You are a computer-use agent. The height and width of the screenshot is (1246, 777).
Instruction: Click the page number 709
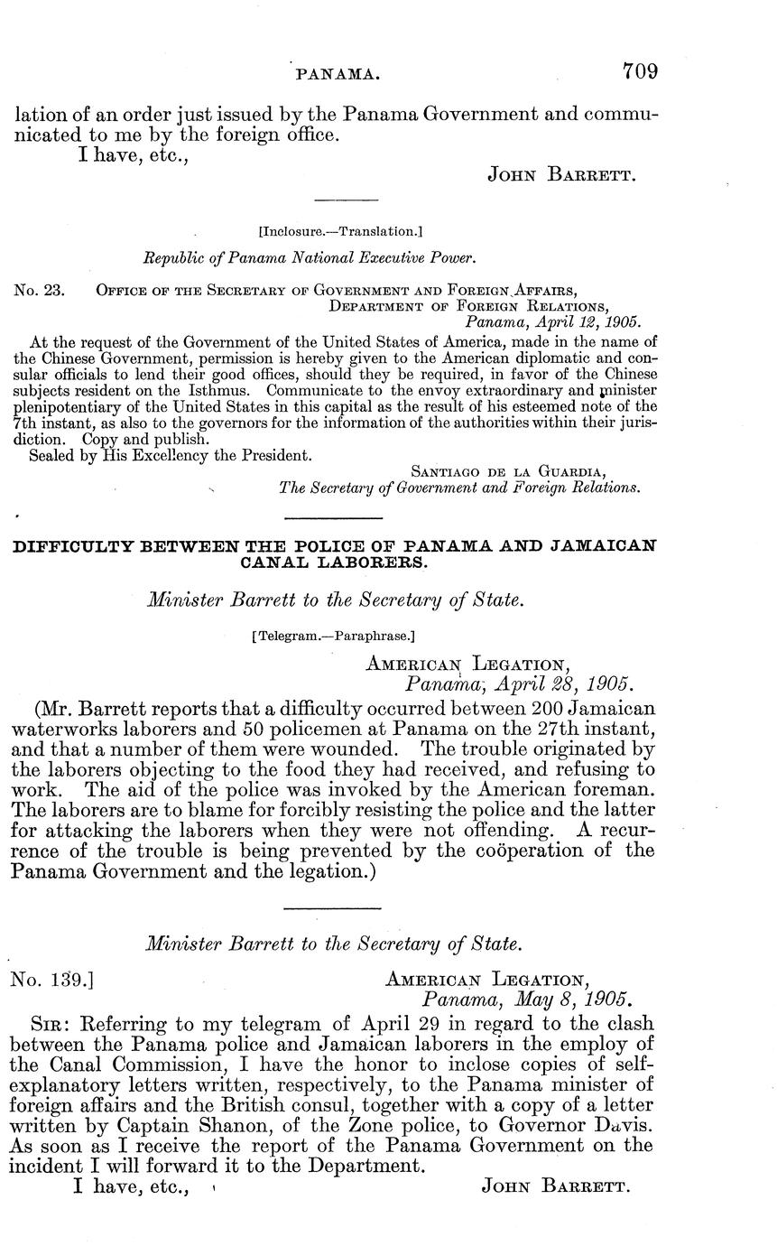click(x=639, y=71)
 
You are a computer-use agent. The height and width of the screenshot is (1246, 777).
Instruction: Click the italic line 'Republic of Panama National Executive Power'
click(x=310, y=258)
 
